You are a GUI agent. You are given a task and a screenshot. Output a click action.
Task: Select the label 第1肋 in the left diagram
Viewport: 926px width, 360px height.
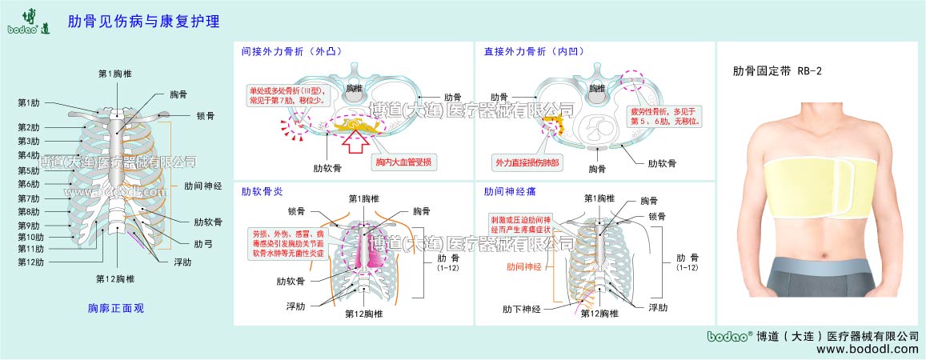coord(29,102)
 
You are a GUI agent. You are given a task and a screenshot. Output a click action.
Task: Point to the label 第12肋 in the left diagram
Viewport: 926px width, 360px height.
coord(31,262)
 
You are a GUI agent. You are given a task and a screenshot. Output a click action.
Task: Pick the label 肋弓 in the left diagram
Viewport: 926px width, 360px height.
coord(203,243)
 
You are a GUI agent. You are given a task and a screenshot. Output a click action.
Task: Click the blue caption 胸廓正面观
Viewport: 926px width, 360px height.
coord(115,307)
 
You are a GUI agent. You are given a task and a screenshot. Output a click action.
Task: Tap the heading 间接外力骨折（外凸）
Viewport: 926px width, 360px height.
coord(291,51)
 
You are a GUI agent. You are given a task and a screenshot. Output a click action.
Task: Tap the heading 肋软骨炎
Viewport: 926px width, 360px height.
coord(262,192)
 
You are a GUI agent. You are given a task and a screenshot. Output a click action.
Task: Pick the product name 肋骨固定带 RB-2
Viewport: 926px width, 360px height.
coord(777,71)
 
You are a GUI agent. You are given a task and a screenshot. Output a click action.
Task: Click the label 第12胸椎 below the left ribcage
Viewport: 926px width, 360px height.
coord(114,278)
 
